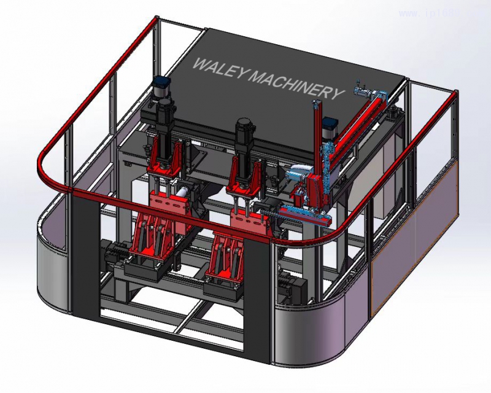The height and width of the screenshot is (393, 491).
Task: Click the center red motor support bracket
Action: (x=243, y=176)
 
